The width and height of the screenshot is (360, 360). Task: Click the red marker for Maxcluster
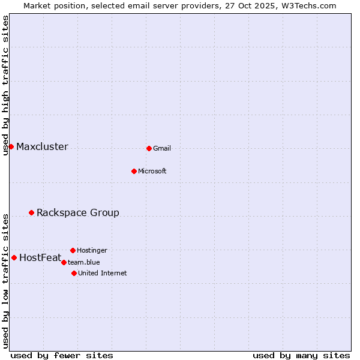pos(11,146)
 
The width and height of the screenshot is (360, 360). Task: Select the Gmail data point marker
pos(149,148)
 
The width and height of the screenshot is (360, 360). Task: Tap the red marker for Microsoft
pos(134,171)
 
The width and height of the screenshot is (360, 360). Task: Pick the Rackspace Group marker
pos(31,212)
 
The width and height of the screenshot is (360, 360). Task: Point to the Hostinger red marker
pos(73,250)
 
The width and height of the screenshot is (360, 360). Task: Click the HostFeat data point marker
pos(14,257)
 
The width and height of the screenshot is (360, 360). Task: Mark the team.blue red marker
pos(64,262)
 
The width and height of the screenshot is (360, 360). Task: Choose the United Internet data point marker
pos(74,273)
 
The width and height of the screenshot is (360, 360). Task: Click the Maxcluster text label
pos(42,147)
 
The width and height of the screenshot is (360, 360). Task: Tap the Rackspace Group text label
pos(78,213)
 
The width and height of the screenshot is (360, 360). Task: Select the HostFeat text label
pos(40,258)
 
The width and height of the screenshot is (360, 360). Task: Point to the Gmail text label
pos(162,149)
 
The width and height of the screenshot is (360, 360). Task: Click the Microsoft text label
pos(152,172)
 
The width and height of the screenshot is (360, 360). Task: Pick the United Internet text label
pos(103,274)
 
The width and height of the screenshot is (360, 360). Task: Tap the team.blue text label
pos(84,263)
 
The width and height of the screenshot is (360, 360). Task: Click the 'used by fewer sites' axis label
pos(62,355)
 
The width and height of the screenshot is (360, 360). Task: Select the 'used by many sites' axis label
pos(301,355)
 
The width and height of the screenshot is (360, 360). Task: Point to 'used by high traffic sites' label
pos(5,85)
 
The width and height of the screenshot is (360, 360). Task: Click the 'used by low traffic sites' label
pos(5,281)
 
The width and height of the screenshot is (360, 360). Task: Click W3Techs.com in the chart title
pos(308,5)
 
